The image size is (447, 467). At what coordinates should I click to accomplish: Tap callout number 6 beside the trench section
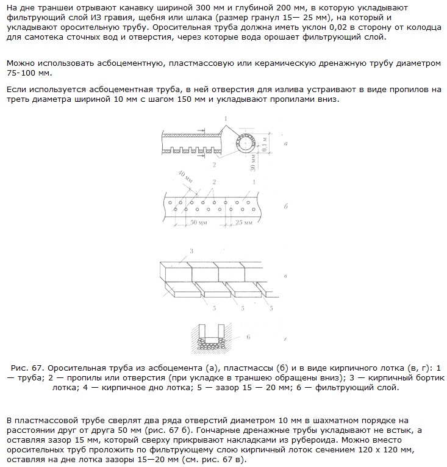[248, 336]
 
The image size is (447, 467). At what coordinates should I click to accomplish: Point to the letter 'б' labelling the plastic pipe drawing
[286, 207]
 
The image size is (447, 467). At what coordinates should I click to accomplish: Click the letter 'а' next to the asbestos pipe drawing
[286, 144]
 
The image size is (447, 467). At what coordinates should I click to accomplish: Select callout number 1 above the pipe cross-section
[226, 118]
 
